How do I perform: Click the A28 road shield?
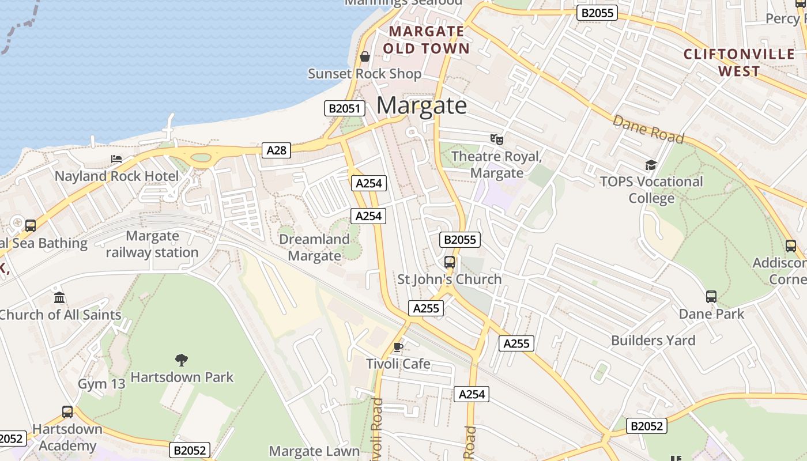pyautogui.click(x=276, y=150)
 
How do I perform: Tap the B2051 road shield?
pyautogui.click(x=345, y=108)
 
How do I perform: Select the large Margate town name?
pyautogui.click(x=421, y=105)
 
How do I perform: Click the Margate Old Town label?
pyautogui.click(x=427, y=40)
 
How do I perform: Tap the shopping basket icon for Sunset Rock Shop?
pyautogui.click(x=364, y=56)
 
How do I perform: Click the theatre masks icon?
pyautogui.click(x=496, y=139)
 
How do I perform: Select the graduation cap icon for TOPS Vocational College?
pyautogui.click(x=651, y=165)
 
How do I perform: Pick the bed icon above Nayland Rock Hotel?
pyautogui.click(x=116, y=159)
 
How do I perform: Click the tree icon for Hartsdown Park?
pyautogui.click(x=182, y=360)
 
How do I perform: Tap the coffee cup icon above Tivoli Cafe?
pyautogui.click(x=398, y=347)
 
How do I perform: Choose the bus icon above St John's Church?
pyautogui.click(x=450, y=262)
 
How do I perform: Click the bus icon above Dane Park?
pyautogui.click(x=711, y=297)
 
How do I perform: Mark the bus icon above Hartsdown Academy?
pyautogui.click(x=67, y=412)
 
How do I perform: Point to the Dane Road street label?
pyautogui.click(x=648, y=130)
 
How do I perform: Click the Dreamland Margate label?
pyautogui.click(x=314, y=247)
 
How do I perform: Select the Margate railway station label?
pyautogui.click(x=152, y=244)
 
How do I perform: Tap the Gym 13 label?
pyautogui.click(x=101, y=384)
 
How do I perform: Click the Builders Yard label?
pyautogui.click(x=653, y=341)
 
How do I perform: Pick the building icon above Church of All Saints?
pyautogui.click(x=59, y=298)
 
